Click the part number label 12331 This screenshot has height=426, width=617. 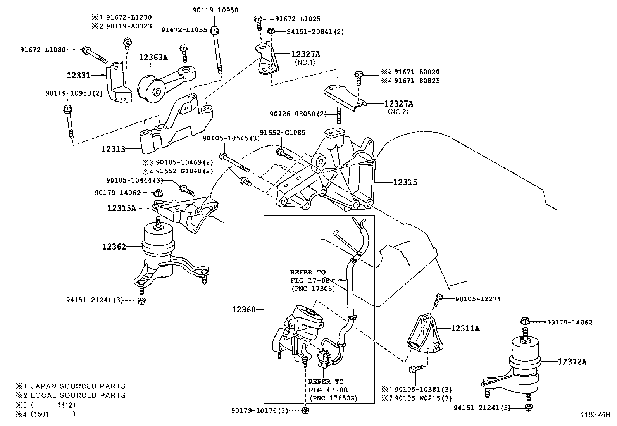point(78,75)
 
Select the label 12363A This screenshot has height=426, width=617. point(153,58)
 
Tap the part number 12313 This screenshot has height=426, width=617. point(113,149)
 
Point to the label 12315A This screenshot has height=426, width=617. point(122,209)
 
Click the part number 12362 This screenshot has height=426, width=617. point(114,247)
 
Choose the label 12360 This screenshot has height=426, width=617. point(244,309)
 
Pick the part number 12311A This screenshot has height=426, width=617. point(465,329)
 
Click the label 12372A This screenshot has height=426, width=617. point(572,362)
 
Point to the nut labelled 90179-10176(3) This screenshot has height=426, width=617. point(305,410)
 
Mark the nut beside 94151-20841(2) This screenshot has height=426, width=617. point(271,31)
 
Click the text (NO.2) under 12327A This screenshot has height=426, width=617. point(398,112)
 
